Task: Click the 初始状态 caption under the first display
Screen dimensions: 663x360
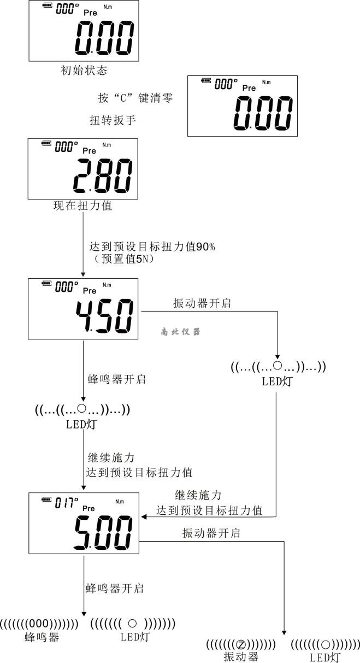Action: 84,70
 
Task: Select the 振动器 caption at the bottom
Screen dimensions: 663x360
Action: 241,656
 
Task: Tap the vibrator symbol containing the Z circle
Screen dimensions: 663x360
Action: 241,644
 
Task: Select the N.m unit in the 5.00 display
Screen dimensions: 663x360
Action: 119,501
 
